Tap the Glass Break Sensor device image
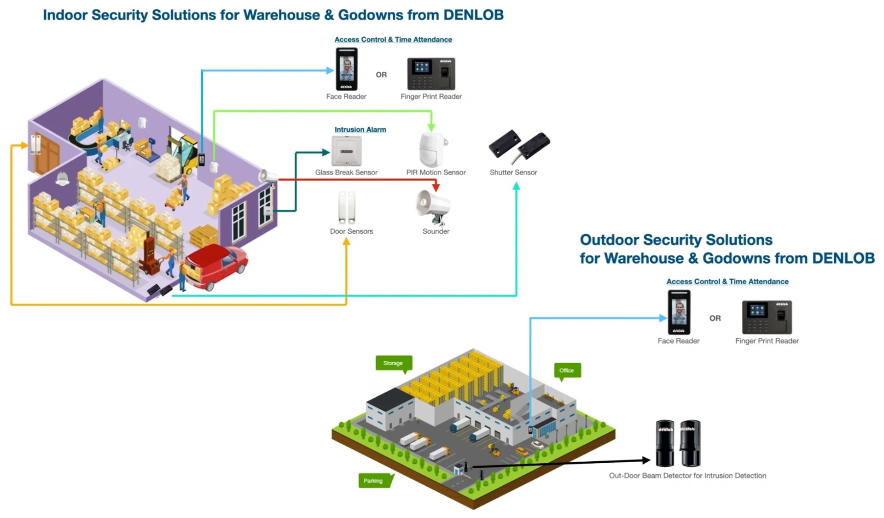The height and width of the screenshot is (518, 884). tap(346, 151)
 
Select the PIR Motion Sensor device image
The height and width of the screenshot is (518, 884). tap(432, 150)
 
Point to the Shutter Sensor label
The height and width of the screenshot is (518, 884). tap(513, 172)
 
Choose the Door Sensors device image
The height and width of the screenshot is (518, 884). tap(347, 207)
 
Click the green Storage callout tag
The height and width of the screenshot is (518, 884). tap(393, 363)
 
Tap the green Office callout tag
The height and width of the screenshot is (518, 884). tap(567, 371)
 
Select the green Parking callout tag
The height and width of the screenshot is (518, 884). tap(374, 481)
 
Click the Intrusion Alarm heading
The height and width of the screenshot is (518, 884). tap(360, 129)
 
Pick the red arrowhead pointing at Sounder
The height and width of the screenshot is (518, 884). tap(436, 187)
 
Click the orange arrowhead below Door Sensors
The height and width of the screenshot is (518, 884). tap(346, 241)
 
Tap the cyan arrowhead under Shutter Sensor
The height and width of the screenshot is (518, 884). tap(516, 186)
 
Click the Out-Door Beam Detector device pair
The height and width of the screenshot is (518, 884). tap(678, 443)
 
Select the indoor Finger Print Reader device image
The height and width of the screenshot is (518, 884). tap(431, 74)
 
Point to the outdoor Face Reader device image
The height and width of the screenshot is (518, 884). tap(679, 312)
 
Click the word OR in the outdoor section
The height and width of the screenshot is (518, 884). tap(715, 318)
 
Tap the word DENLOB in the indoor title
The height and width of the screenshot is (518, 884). tap(473, 15)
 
